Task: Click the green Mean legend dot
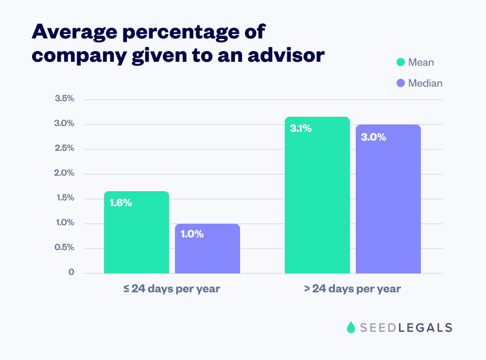point(400,62)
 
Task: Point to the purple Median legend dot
point(400,83)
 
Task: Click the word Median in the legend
point(425,83)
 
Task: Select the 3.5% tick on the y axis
point(65,99)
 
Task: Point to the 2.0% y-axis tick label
point(65,173)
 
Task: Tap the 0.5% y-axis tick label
point(65,248)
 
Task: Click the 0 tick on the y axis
point(71,272)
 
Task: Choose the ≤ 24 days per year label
point(172,288)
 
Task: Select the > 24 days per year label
point(352,288)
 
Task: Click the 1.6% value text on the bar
point(121,203)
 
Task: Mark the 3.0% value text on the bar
point(373,137)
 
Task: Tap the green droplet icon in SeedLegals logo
point(351,327)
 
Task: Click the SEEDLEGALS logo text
point(406,327)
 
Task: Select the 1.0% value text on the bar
point(192,234)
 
